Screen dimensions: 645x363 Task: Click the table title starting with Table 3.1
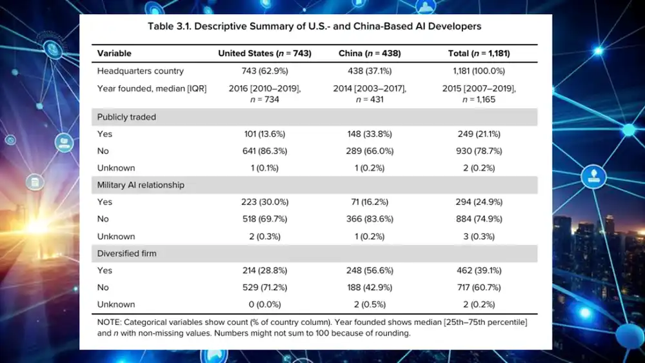[x=314, y=26]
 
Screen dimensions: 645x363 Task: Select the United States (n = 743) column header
[x=264, y=54]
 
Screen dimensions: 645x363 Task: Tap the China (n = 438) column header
[x=370, y=54]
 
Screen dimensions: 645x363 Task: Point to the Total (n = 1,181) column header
[x=479, y=54]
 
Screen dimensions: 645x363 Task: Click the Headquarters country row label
[x=140, y=71]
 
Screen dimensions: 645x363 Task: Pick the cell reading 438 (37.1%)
[x=370, y=71]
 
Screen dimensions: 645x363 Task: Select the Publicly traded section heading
[x=126, y=117]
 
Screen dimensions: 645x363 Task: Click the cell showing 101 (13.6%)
[x=264, y=134]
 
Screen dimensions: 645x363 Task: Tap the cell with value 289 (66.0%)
[x=370, y=152]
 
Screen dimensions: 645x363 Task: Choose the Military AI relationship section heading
[x=141, y=185]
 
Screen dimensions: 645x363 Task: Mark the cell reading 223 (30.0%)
[x=264, y=202]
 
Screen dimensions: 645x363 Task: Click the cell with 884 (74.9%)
[x=479, y=219]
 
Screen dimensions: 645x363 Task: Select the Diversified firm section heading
[x=126, y=253]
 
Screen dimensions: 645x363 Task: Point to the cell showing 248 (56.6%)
[x=370, y=271]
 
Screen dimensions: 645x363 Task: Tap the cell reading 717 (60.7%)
[x=479, y=288]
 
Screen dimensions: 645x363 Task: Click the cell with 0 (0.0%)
[x=264, y=304]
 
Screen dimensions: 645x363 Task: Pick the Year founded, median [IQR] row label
[x=152, y=89]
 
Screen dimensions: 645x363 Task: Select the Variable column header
[x=114, y=54]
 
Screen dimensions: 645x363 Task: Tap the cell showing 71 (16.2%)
[x=370, y=202]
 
